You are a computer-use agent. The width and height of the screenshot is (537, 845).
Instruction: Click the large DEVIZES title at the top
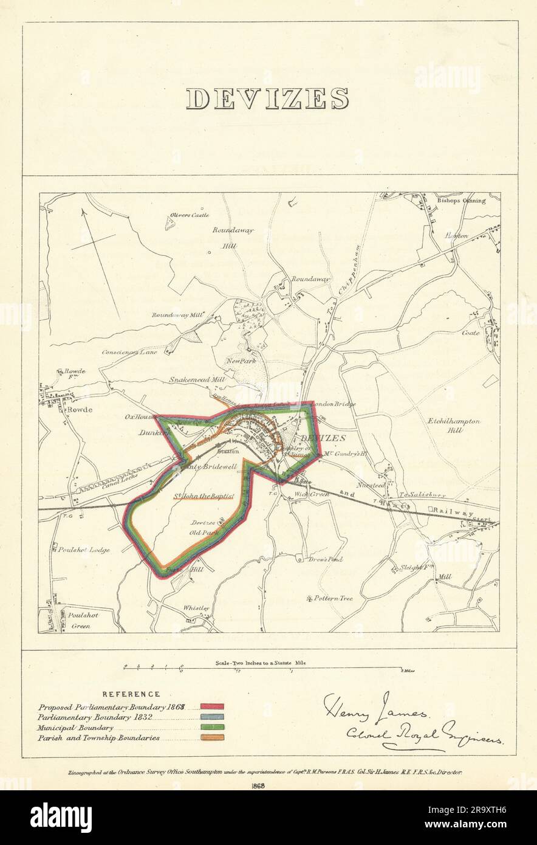pyautogui.click(x=267, y=99)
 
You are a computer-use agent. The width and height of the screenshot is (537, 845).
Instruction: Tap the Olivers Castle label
pyautogui.click(x=190, y=215)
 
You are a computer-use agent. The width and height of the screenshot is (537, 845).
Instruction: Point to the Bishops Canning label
pyautogui.click(x=461, y=200)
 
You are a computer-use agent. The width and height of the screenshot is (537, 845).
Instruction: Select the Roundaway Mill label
pyautogui.click(x=178, y=315)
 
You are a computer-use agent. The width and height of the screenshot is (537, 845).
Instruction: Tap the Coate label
pyautogui.click(x=471, y=333)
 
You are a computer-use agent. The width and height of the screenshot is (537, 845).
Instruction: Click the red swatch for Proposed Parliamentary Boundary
pyautogui.click(x=213, y=707)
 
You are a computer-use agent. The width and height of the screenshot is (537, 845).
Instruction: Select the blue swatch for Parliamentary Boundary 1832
pyautogui.click(x=213, y=717)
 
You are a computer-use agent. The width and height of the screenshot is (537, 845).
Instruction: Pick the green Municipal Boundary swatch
pyautogui.click(x=213, y=727)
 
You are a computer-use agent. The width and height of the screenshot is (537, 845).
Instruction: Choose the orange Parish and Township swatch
pyautogui.click(x=213, y=737)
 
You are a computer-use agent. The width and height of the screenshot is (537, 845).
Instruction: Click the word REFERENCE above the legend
pyautogui.click(x=131, y=694)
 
